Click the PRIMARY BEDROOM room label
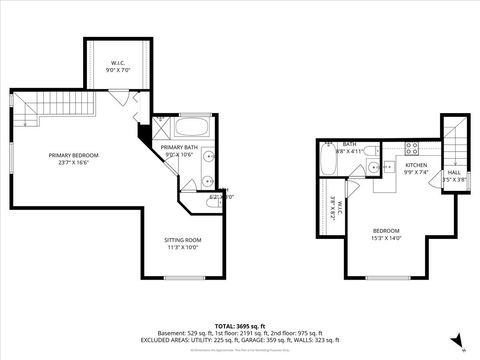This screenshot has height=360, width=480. pos(71,155)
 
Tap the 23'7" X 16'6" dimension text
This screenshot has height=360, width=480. pos(71,163)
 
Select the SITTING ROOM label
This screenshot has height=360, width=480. pos(183,240)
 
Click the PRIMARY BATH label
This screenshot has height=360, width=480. pos(177,148)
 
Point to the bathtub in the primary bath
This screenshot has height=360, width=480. pos(192,128)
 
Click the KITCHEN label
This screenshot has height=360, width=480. pos(417,165)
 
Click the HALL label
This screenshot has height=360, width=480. pos(454,173)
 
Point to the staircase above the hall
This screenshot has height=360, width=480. pos(455,140)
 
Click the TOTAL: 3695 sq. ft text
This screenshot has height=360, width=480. pos(239,326)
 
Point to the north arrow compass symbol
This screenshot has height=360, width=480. pos(456,339)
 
